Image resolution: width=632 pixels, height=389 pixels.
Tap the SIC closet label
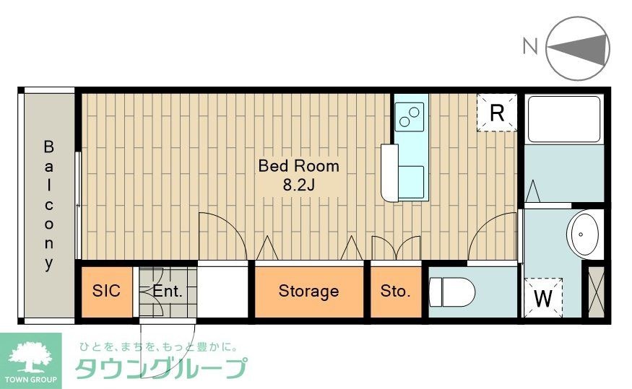(x=106, y=292)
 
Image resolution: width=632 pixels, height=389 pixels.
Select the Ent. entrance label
(x=167, y=292)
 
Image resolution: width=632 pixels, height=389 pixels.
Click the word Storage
(x=308, y=292)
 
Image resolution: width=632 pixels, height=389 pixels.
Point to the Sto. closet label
(x=395, y=292)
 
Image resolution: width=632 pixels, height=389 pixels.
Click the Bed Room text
(x=298, y=166)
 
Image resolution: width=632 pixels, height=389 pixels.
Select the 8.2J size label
(x=299, y=185)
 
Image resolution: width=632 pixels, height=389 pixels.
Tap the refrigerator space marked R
(x=497, y=113)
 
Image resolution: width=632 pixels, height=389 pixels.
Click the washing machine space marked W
(x=542, y=297)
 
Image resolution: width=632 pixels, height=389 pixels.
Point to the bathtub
(x=564, y=119)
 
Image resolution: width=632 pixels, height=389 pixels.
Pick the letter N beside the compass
(x=530, y=47)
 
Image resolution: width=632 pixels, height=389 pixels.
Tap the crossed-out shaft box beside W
(x=597, y=292)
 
